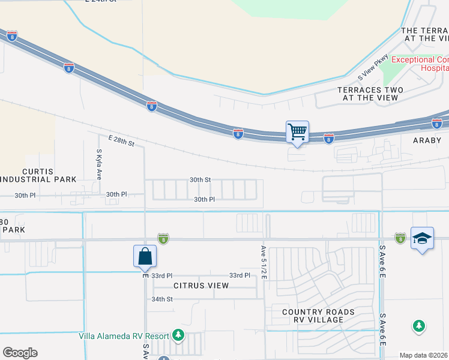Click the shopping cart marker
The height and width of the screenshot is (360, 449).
297,131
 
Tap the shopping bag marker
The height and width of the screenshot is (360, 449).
145,256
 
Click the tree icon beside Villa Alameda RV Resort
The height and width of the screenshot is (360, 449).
178,334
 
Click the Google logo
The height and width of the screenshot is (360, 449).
20,353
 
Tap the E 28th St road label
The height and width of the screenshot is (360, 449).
121,141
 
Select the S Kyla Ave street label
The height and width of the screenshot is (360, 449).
99,164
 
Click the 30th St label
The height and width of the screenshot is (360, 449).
200,179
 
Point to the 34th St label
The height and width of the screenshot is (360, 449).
162,299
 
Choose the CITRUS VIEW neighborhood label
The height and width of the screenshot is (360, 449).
201,286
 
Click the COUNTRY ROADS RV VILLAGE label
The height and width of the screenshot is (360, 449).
318,316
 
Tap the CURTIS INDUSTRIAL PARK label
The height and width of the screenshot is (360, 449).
39,175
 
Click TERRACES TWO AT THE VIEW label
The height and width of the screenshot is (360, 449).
370,94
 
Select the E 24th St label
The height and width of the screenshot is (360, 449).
100,2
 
